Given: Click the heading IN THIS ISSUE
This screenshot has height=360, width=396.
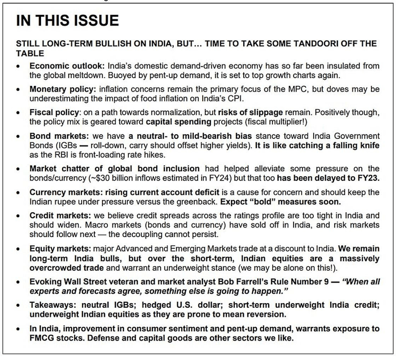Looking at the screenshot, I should (x=67, y=20).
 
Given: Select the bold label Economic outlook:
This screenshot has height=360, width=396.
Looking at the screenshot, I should (x=67, y=66).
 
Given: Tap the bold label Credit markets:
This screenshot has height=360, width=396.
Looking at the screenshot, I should (x=60, y=216).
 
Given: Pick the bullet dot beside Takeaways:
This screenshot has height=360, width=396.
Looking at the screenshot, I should (x=18, y=305).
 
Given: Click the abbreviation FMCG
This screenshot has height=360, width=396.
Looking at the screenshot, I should (x=41, y=338).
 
